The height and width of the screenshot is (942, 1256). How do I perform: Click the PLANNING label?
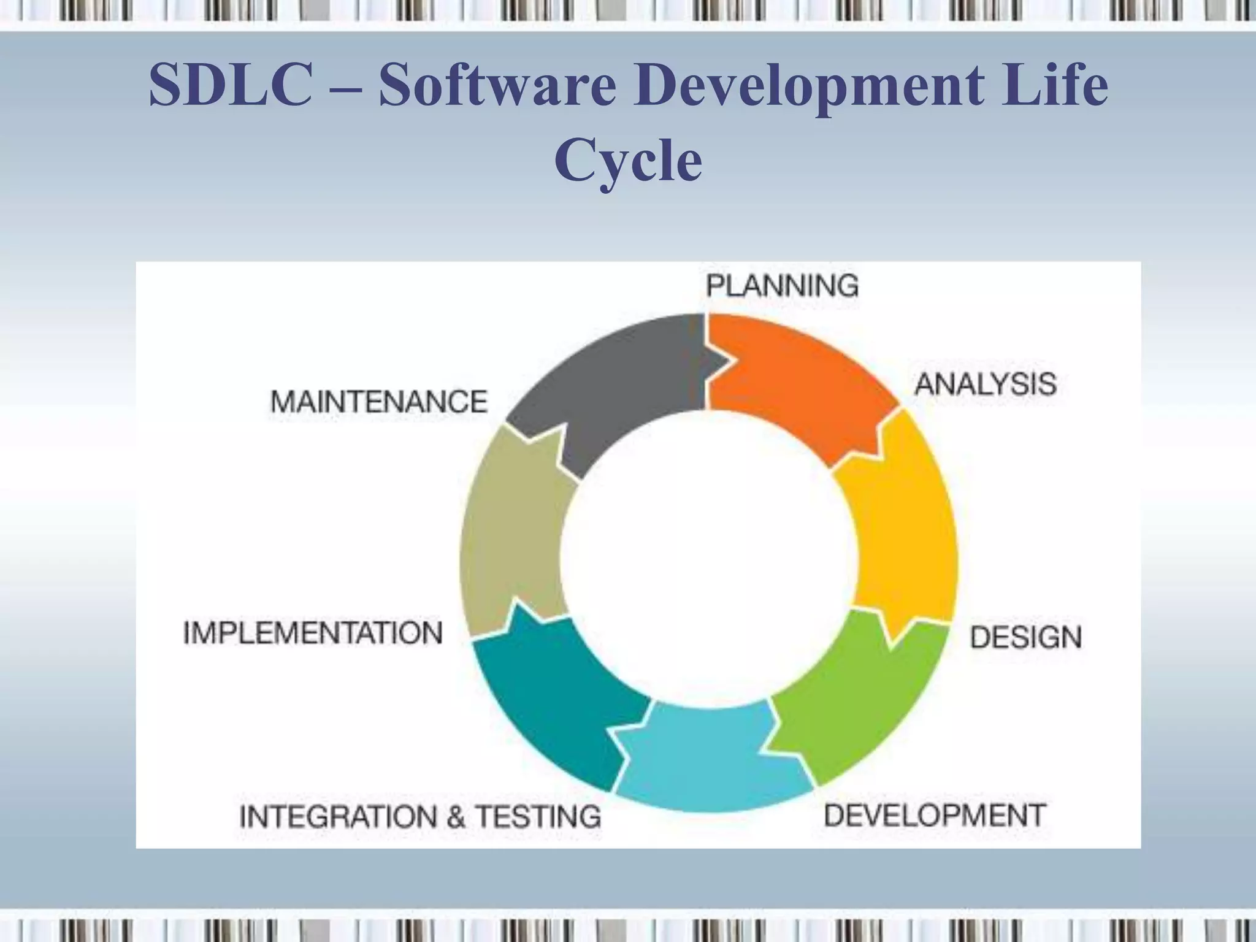pyautogui.click(x=782, y=286)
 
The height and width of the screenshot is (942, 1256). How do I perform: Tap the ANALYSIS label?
pyautogui.click(x=986, y=385)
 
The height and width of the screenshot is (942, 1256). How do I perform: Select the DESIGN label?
pyautogui.click(x=1025, y=637)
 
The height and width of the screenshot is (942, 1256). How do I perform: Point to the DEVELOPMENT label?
pyautogui.click(x=935, y=815)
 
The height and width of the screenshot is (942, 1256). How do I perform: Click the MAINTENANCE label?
pyautogui.click(x=379, y=402)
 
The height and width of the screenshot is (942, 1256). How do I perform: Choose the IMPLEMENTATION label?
pyautogui.click(x=313, y=633)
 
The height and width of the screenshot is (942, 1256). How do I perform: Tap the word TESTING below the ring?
pyautogui.click(x=539, y=817)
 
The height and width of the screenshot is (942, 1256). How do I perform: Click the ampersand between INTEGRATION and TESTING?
pyautogui.click(x=455, y=818)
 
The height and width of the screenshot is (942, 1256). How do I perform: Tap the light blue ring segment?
pyautogui.click(x=711, y=760)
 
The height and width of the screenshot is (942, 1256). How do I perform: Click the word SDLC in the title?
pyautogui.click(x=230, y=86)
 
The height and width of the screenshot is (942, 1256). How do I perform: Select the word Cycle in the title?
pyautogui.click(x=628, y=161)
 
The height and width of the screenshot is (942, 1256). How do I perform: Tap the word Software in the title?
pyautogui.click(x=497, y=86)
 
